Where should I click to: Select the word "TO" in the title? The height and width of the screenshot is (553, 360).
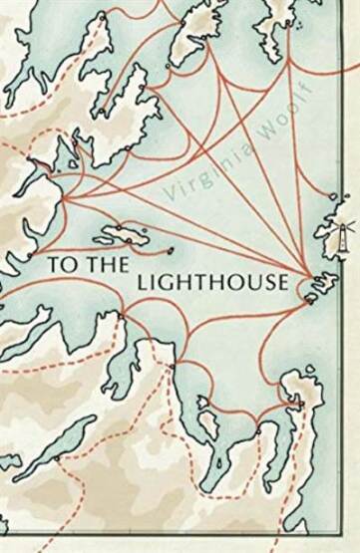point(59,265)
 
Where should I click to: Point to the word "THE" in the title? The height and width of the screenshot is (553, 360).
point(95,265)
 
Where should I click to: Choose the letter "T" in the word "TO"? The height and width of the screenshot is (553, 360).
point(53,265)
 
